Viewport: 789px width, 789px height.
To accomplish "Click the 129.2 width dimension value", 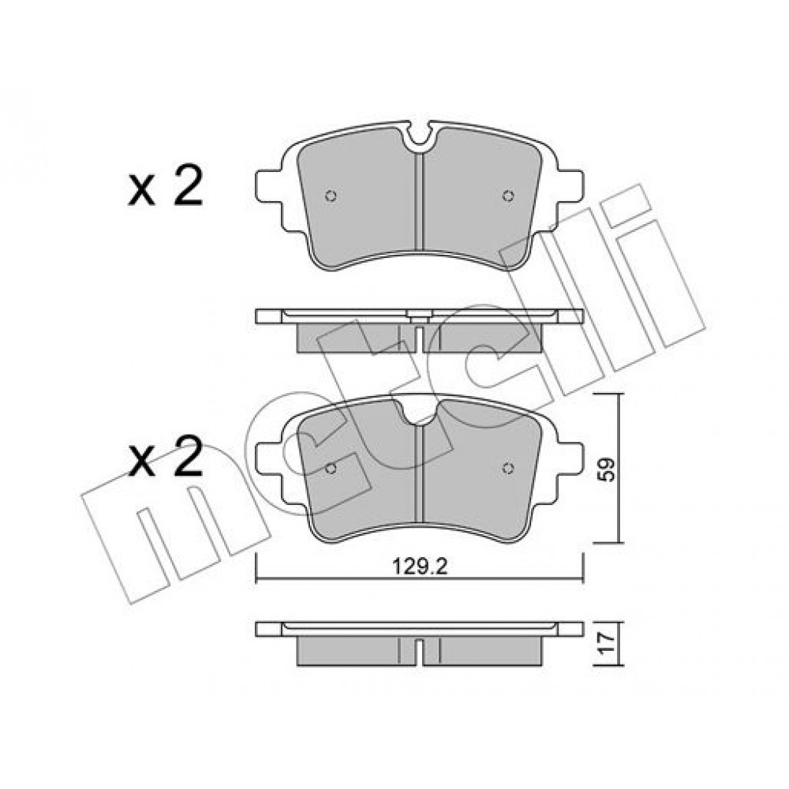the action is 420,567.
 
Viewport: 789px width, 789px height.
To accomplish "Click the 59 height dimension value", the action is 607,469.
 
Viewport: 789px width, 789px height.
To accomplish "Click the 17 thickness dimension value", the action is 608,644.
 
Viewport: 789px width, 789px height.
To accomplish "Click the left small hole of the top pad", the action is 331,196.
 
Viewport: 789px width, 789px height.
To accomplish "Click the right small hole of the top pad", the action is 508,196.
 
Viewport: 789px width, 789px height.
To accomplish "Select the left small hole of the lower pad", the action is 331,469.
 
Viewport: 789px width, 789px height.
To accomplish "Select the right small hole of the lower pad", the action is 508,469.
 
